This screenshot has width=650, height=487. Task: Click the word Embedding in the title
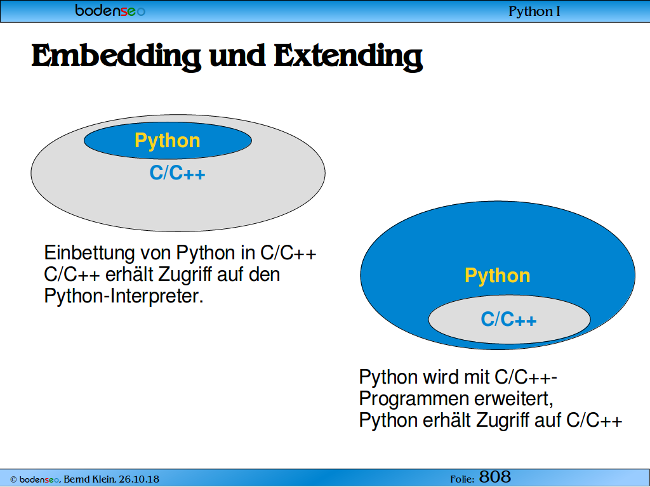pyautogui.click(x=117, y=56)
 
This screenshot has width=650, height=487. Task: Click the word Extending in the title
pyautogui.click(x=348, y=56)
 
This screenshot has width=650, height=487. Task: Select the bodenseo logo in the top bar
pyautogui.click(x=110, y=10)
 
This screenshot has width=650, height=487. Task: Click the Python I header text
pyautogui.click(x=534, y=11)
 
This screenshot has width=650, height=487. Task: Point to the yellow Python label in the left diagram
pyautogui.click(x=168, y=141)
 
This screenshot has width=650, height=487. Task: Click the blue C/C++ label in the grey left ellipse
pyautogui.click(x=178, y=172)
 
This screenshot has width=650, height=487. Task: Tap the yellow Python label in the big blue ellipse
pyautogui.click(x=498, y=276)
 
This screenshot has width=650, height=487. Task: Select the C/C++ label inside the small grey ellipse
pyautogui.click(x=508, y=320)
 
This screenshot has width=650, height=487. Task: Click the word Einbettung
pyautogui.click(x=90, y=252)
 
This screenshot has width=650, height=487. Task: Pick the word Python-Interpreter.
pyautogui.click(x=124, y=296)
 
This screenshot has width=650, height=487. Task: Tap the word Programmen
pyautogui.click(x=413, y=399)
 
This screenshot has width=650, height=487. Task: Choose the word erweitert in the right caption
pyautogui.click(x=514, y=399)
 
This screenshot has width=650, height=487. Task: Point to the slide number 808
pyautogui.click(x=495, y=477)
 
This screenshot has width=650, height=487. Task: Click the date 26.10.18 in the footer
pyautogui.click(x=139, y=479)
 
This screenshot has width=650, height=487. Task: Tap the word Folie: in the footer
pyautogui.click(x=462, y=479)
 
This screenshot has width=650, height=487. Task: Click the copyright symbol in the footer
pyautogui.click(x=13, y=479)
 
